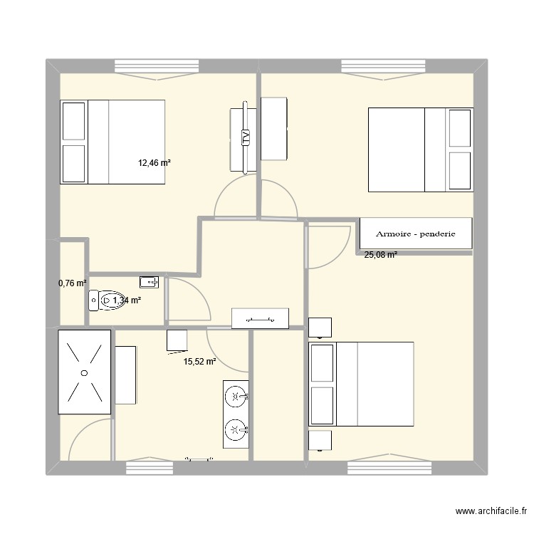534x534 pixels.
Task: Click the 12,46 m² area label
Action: (155, 163)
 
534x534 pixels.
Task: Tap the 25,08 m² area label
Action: (381, 254)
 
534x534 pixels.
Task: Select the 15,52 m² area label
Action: (199, 362)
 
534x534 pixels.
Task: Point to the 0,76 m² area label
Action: (72, 283)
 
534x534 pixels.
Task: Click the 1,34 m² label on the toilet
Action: (126, 301)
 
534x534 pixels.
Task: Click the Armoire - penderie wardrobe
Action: (416, 234)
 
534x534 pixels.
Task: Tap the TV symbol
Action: (246, 137)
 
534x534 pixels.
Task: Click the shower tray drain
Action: (84, 372)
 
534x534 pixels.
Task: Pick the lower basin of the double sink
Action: (236, 429)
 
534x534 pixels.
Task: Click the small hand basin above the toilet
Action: (149, 280)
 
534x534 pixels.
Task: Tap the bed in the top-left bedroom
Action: (113, 142)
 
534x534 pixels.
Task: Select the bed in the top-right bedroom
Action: (420, 150)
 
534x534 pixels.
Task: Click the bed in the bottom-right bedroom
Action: (361, 384)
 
